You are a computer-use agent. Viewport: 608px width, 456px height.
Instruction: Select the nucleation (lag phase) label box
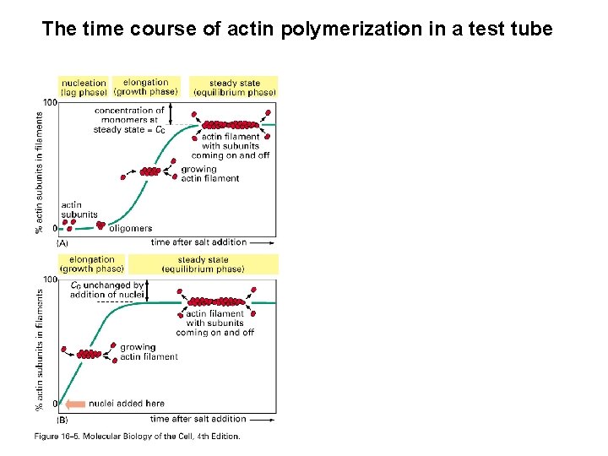click(x=84, y=87)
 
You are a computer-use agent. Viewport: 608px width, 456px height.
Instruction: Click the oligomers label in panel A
click(x=131, y=228)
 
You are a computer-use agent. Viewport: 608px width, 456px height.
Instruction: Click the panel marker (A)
click(x=62, y=243)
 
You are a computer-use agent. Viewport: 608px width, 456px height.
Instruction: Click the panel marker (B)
click(x=62, y=420)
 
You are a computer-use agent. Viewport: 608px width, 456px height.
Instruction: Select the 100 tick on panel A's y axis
click(x=50, y=103)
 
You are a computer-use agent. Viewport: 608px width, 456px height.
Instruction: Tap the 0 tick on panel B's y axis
click(x=55, y=404)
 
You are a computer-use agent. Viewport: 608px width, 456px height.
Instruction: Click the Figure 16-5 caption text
click(x=138, y=437)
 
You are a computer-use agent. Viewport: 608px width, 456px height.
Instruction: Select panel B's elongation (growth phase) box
click(x=92, y=264)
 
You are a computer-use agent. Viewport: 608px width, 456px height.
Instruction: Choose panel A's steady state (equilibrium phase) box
click(x=234, y=87)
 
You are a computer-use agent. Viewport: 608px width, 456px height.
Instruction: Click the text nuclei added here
click(x=127, y=404)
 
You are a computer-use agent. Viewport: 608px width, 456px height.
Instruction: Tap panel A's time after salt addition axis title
click(x=198, y=242)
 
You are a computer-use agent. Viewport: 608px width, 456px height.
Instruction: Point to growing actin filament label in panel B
click(x=149, y=352)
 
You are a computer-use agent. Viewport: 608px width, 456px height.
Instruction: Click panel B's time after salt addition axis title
click(x=198, y=419)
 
